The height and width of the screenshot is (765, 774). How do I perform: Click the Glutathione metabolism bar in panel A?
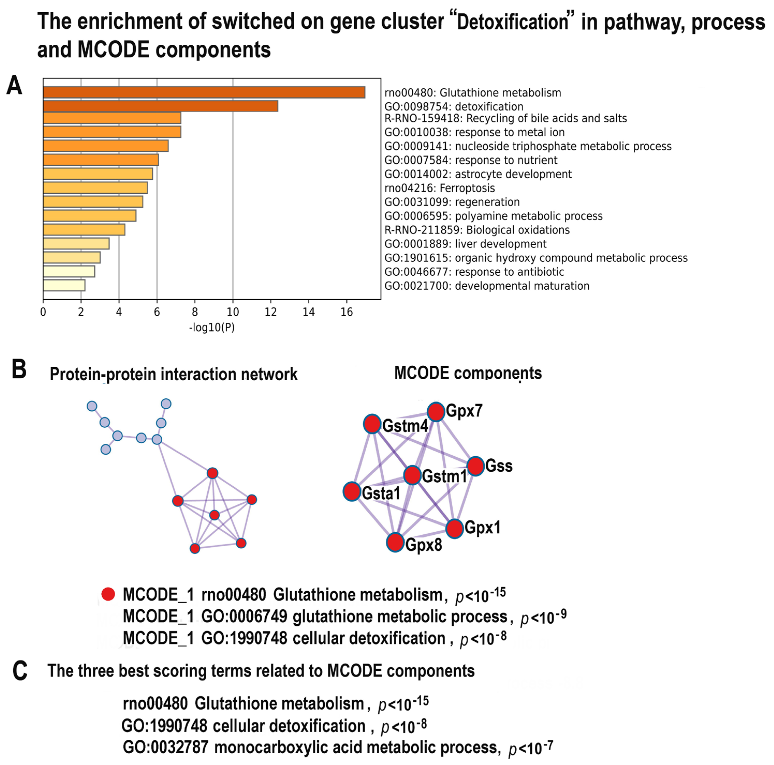(204, 92)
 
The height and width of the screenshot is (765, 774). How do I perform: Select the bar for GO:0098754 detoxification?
(160, 106)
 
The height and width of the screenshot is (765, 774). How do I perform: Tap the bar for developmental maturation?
(64, 285)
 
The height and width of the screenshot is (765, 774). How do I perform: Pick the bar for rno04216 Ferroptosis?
(95, 188)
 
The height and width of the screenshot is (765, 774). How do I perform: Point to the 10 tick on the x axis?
(233, 312)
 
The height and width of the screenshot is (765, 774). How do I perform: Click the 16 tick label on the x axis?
(347, 312)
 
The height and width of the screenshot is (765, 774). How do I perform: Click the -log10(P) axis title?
(211, 328)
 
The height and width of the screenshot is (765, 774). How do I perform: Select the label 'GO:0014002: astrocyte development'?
(478, 174)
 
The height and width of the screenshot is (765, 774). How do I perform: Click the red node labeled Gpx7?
(436, 411)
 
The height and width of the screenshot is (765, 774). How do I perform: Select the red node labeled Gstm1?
(412, 475)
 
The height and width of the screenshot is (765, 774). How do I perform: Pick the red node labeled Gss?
(476, 466)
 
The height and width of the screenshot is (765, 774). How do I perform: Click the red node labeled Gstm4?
(372, 424)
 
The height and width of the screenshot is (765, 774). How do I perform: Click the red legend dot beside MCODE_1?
(108, 594)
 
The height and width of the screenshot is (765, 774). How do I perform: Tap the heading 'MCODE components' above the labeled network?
(468, 373)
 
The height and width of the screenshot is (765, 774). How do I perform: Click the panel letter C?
(20, 671)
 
